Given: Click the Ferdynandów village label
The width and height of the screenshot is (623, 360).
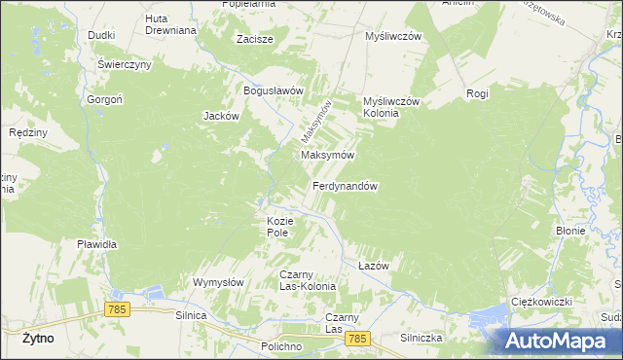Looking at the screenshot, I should point(345,185).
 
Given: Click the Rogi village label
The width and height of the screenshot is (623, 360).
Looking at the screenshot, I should point(477,93).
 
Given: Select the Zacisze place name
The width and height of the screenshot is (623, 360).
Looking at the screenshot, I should point(255,40).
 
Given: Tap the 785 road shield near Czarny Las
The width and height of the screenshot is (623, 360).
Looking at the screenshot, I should point(358,339).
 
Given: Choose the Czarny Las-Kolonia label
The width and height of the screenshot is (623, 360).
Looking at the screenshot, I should point(308,280).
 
